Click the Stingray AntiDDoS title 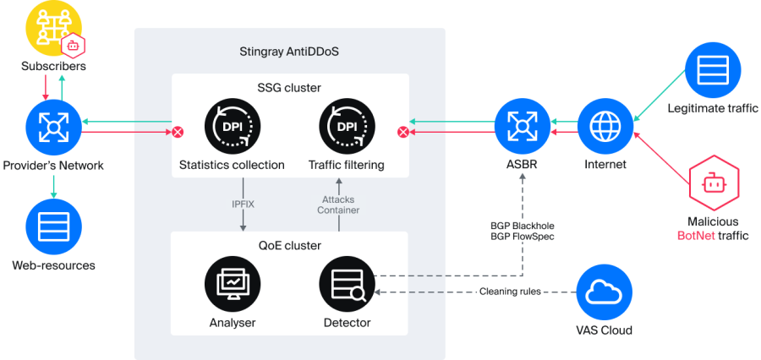(x=290, y=52)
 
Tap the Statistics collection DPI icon (x=232, y=128)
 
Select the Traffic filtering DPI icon (x=348, y=128)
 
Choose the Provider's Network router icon (x=53, y=128)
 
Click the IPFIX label (x=244, y=205)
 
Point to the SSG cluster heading (x=290, y=87)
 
